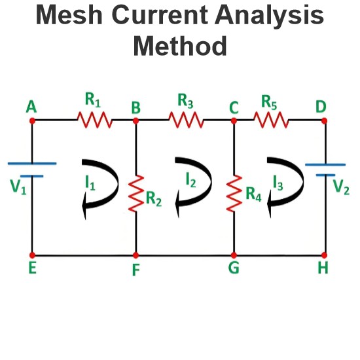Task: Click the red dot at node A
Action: point(32,120)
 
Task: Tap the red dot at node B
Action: point(135,120)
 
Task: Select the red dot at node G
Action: point(234,255)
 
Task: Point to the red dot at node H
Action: point(324,255)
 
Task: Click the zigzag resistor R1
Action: point(95,120)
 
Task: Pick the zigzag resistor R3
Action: point(186,120)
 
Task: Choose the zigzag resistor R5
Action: point(271,120)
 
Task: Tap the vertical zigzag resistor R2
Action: point(136,193)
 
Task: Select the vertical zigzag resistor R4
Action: point(234,193)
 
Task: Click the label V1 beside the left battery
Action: point(18,187)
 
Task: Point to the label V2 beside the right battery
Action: point(341,187)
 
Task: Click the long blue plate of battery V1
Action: point(32,164)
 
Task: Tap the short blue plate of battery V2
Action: point(325,175)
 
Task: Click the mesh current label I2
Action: point(190,180)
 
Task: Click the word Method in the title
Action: point(180,46)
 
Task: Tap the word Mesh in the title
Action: point(69,14)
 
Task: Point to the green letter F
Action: point(136,270)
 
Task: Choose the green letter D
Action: point(321,107)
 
